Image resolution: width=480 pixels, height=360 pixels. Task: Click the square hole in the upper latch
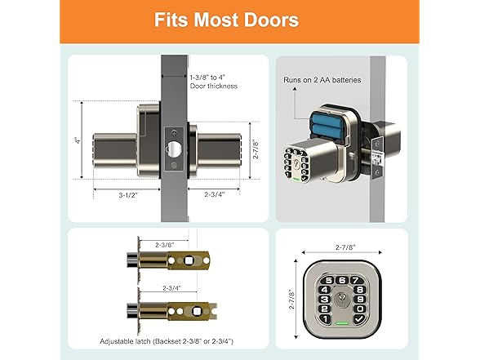[x=189, y=262]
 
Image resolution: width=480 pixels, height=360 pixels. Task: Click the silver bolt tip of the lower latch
[x=132, y=311]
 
